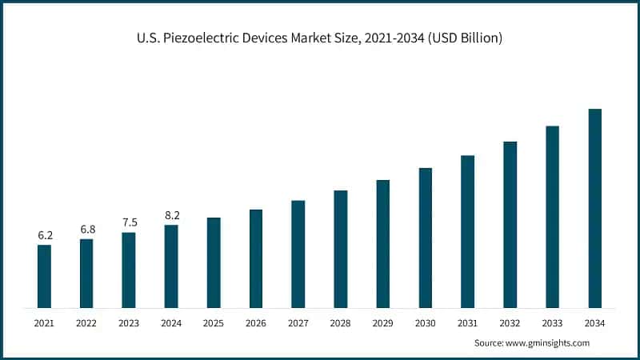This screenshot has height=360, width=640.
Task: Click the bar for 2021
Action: pos(44,276)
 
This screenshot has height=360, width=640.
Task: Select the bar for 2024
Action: pos(171,266)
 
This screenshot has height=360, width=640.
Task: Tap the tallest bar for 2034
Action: pos(594,208)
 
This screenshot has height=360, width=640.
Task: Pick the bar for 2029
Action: pos(383,244)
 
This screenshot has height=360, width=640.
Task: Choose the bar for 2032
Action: pos(510,225)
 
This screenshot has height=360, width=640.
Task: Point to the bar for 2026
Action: pos(256,258)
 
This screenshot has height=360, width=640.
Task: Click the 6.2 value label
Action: pos(45,235)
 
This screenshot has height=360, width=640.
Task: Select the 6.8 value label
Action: pos(87,230)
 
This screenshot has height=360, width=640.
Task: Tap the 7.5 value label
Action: pos(129,222)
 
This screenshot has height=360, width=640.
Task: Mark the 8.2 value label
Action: pos(171,215)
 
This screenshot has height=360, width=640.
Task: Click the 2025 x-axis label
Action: pos(214,323)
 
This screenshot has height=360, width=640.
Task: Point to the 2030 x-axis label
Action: pos(425,323)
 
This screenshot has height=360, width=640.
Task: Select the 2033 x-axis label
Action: pos(552,323)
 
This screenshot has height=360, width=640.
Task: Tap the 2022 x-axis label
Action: pos(86,323)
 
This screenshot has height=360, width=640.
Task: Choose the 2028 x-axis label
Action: pos(341,323)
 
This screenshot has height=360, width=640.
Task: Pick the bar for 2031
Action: pos(467,231)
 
